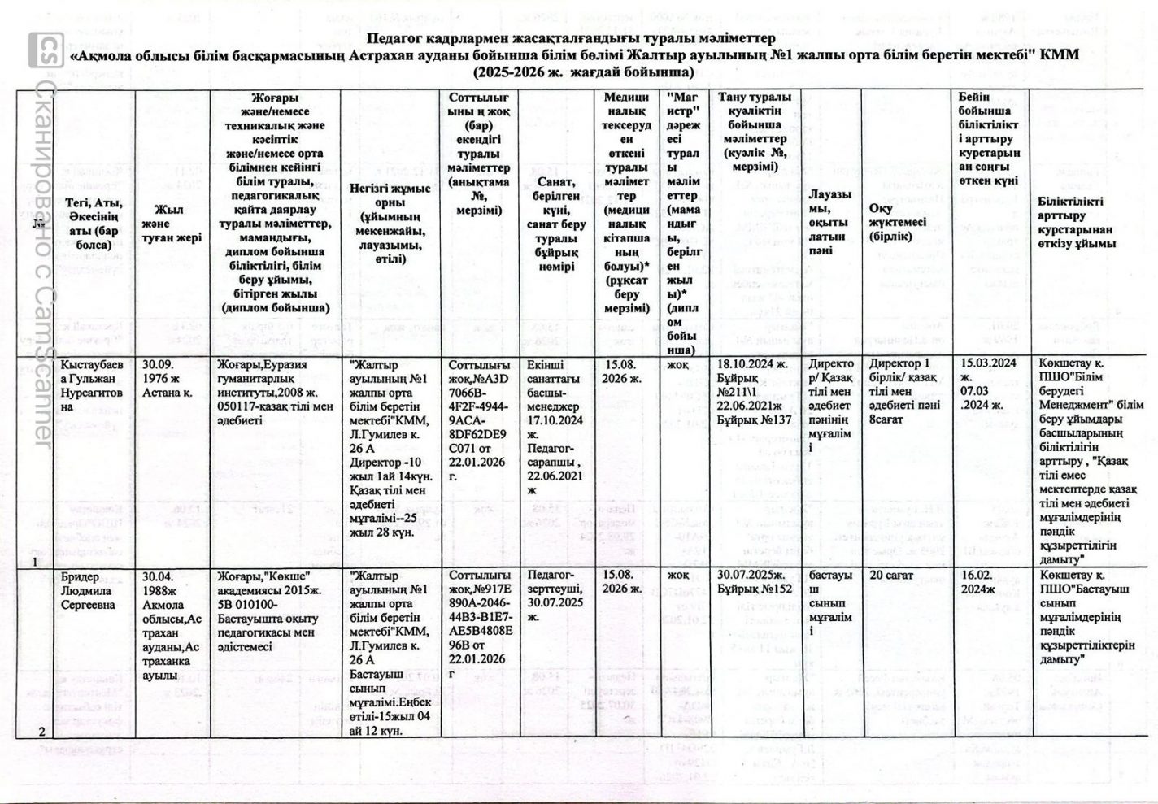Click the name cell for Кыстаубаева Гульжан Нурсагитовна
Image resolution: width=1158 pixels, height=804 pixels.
point(94,385)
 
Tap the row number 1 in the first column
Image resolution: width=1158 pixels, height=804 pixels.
point(35,561)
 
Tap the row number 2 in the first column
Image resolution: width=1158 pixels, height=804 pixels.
point(41,731)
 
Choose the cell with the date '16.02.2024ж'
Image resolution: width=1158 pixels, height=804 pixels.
point(979,582)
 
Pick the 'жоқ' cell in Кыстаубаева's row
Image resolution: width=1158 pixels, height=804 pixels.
point(677,365)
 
